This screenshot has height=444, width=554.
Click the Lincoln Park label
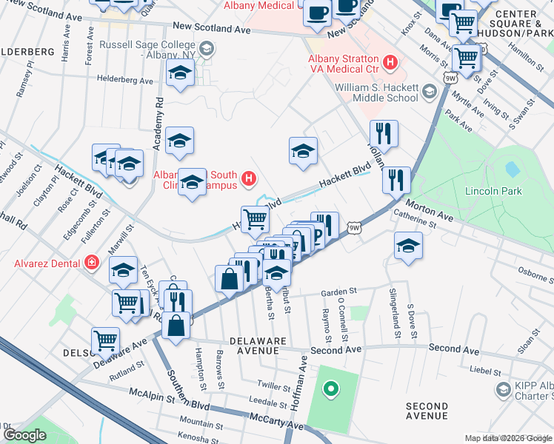[493, 191]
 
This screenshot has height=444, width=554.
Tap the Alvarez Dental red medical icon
[91, 262]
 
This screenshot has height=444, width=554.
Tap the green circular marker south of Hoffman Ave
[331, 387]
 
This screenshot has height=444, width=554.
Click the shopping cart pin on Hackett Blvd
[256, 219]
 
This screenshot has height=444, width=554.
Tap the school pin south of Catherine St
[408, 246]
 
